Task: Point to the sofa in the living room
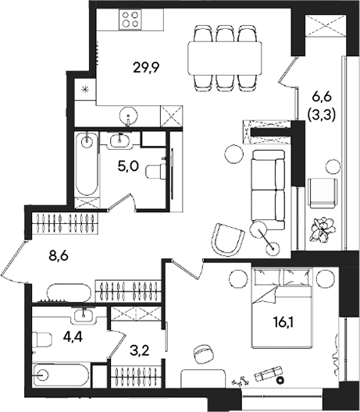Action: coord(268,186)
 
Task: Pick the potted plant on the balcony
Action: coord(321,229)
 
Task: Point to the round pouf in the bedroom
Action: coord(204,353)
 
